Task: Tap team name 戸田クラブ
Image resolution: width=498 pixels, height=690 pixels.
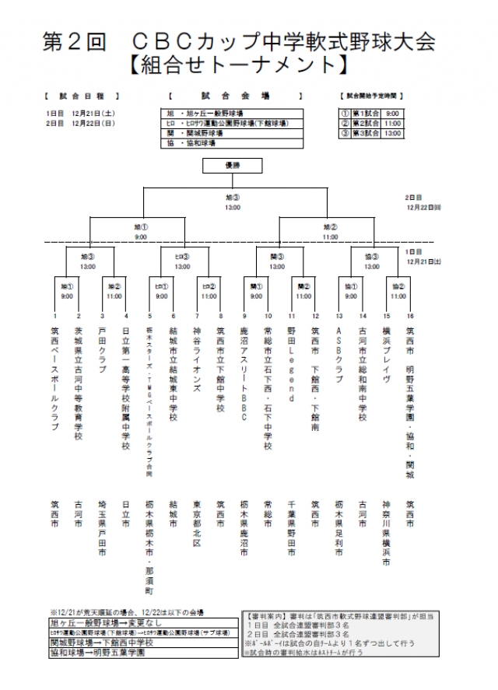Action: [103, 351]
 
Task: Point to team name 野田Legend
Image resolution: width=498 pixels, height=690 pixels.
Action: [293, 365]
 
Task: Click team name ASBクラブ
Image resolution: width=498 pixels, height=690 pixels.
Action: [339, 351]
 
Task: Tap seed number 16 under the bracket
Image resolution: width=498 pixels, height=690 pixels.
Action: [410, 316]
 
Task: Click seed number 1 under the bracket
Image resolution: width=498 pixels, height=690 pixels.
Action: [55, 316]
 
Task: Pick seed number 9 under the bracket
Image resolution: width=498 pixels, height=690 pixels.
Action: [244, 316]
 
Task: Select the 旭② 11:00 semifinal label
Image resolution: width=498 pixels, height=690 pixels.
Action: [330, 231]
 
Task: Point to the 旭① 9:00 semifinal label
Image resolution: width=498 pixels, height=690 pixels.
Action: [140, 231]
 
